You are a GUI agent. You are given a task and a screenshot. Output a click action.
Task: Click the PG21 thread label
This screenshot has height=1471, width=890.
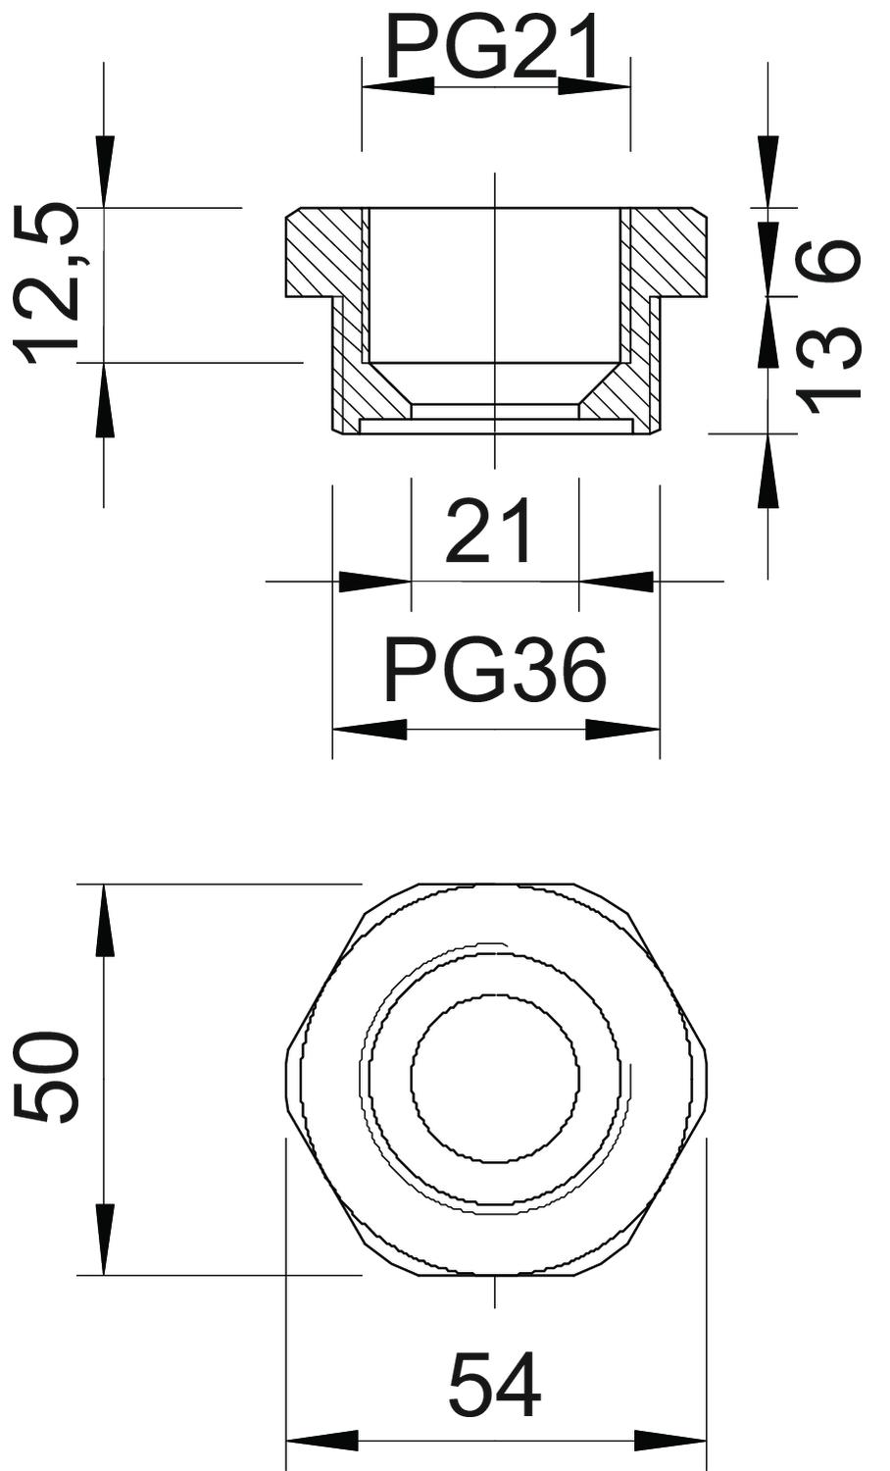(x=494, y=45)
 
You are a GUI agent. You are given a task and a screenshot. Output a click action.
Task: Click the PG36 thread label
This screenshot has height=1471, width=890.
(x=495, y=671)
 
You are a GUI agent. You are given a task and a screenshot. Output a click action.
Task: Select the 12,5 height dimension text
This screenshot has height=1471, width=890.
(x=47, y=283)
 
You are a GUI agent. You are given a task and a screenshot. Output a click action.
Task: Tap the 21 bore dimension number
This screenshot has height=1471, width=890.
(x=488, y=532)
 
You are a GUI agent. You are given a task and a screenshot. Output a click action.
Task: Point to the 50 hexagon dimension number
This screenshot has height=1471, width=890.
(x=46, y=1076)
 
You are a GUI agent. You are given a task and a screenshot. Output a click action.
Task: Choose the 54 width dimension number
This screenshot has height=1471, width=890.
(x=496, y=1385)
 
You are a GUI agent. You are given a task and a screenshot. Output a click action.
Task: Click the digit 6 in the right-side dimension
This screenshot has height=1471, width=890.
(x=827, y=261)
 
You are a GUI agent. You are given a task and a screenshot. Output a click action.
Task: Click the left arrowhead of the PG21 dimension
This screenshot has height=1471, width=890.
(x=398, y=86)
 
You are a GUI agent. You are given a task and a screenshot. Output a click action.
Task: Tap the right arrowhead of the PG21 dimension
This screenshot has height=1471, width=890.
(x=594, y=86)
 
